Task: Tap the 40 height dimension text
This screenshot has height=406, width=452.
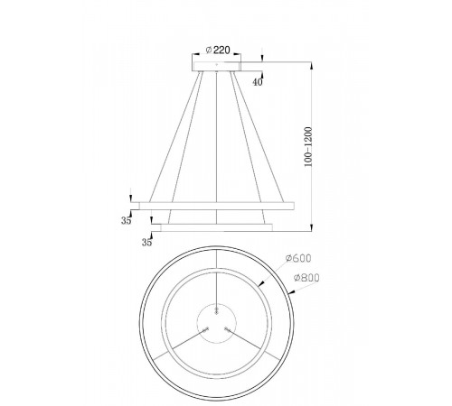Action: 259,82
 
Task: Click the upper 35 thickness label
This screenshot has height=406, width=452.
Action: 126,220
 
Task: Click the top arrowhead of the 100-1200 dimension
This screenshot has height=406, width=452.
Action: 313,64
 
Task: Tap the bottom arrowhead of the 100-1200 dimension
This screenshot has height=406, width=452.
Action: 313,227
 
